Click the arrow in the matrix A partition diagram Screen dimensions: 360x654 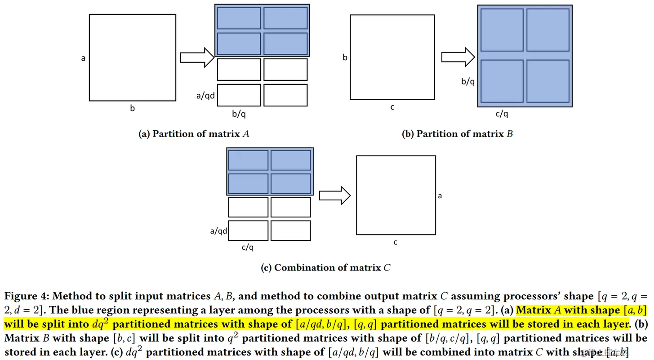click(197, 58)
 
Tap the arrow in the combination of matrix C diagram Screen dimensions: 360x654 click(334, 195)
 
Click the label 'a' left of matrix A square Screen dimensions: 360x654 click(83, 58)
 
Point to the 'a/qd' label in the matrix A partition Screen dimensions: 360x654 click(206, 95)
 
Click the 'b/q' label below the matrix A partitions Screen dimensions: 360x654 click(239, 114)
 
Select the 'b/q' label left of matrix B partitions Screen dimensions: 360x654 click(468, 81)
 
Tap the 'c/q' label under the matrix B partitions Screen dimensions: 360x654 click(502, 114)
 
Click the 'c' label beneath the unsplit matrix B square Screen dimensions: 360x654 click(392, 107)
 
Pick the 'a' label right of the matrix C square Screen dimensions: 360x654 click(440, 196)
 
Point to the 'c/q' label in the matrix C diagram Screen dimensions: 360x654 click(248, 247)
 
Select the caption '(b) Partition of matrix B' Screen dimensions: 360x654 click(457, 133)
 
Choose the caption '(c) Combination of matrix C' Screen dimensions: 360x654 click(325, 267)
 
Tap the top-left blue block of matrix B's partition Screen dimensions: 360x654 click(502, 30)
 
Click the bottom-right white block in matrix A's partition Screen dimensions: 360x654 click(285, 95)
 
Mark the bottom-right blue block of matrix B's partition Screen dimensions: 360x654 click(547, 81)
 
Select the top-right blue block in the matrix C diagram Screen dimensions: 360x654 click(291, 160)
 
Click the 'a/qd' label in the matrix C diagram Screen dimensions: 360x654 click(218, 231)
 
